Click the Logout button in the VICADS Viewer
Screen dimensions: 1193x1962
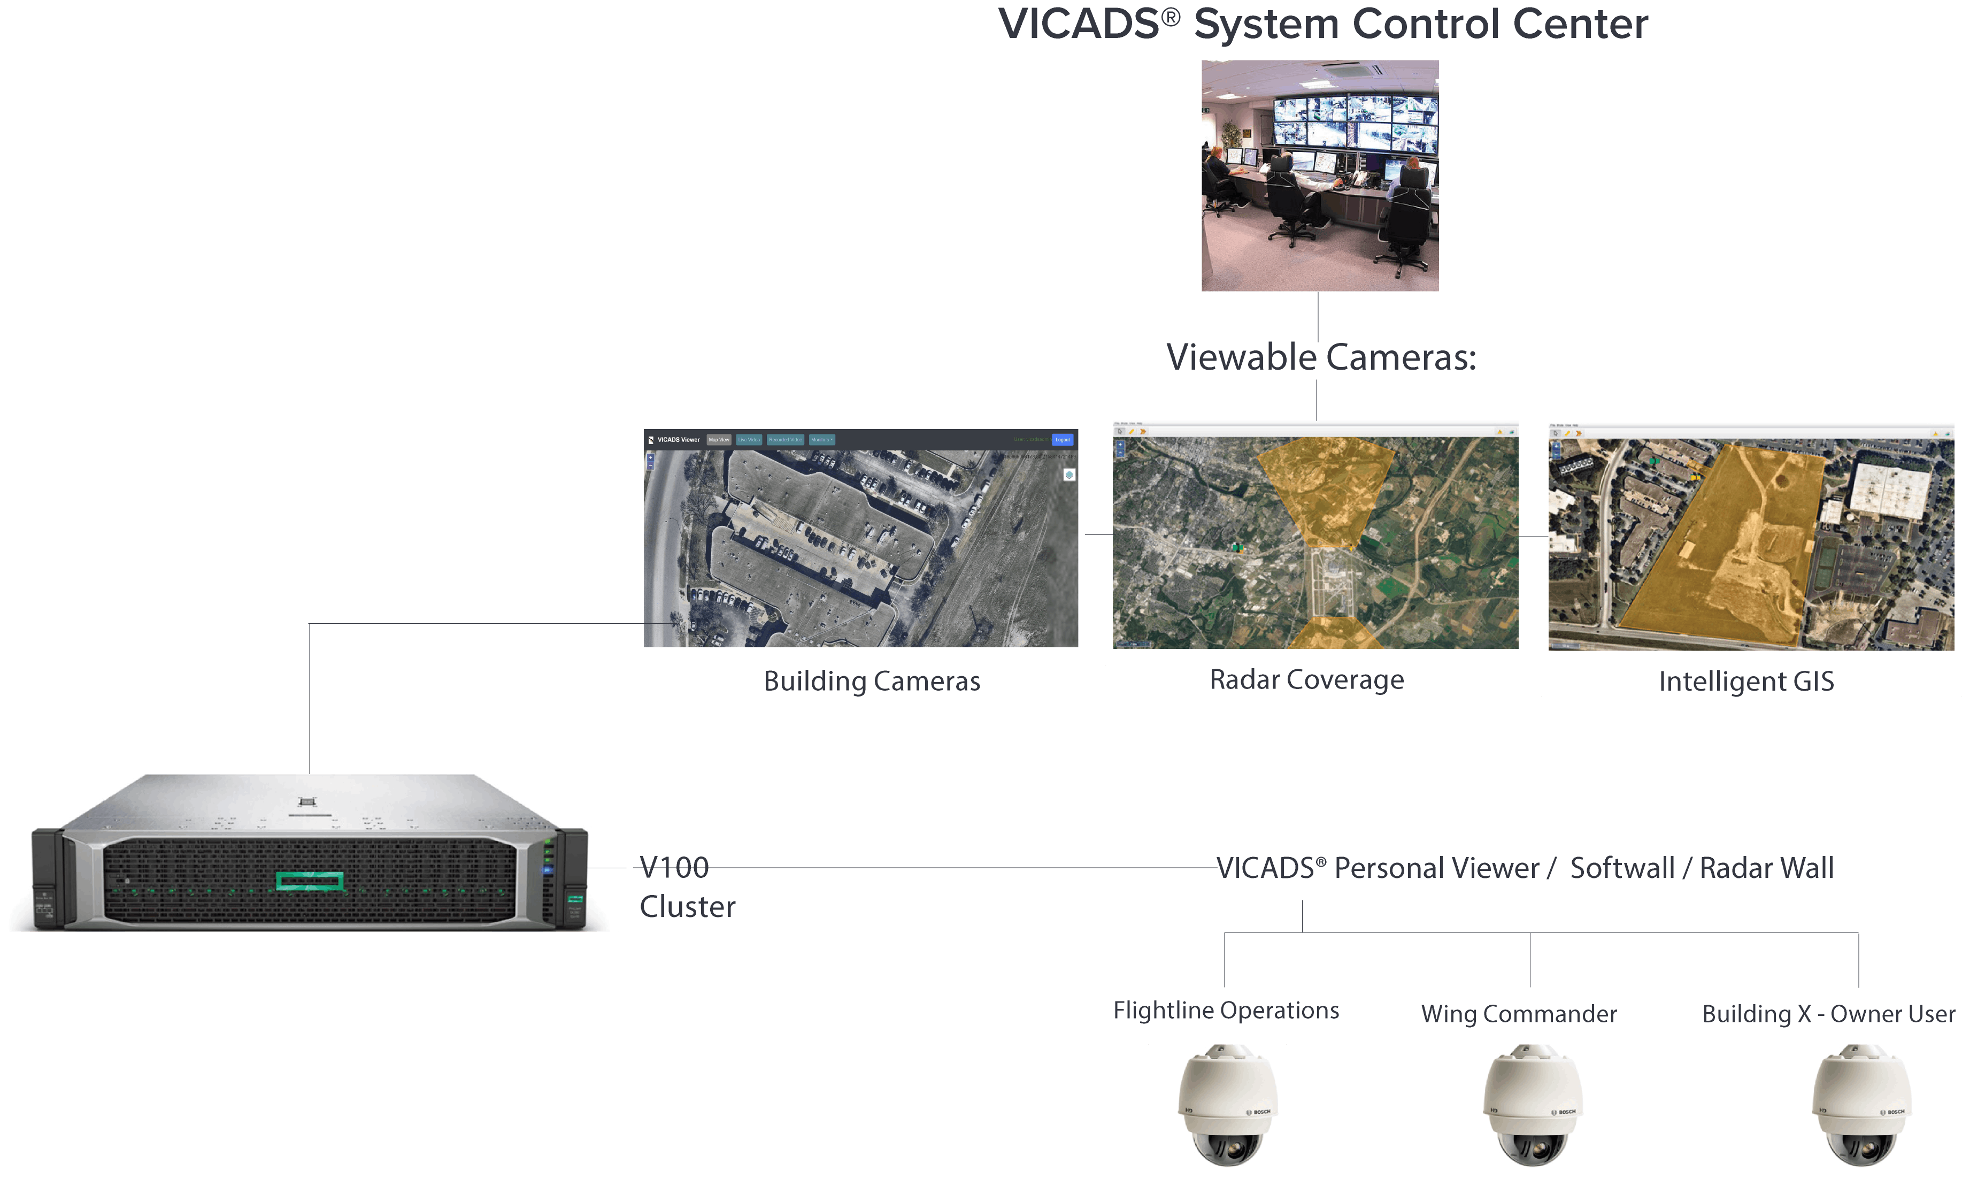[1062, 440]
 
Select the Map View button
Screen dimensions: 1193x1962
[718, 440]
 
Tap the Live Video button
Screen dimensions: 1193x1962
[749, 440]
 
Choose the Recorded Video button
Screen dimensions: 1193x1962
[785, 440]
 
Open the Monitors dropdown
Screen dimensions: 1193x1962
[822, 440]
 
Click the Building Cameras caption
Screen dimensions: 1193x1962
[872, 682]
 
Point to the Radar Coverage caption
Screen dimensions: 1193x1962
[1307, 680]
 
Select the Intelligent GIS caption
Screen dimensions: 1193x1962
[1746, 682]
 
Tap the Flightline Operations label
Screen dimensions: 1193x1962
[1226, 1011]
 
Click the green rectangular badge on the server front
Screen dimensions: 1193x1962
[310, 881]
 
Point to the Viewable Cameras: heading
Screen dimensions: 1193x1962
[1321, 357]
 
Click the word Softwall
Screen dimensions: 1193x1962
[1622, 868]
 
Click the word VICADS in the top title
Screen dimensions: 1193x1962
[1079, 24]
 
